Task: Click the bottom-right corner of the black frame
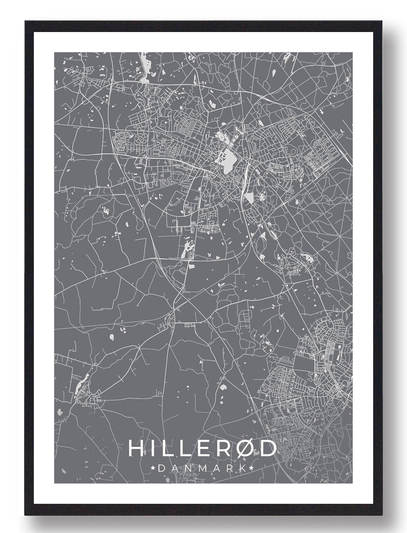383,515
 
